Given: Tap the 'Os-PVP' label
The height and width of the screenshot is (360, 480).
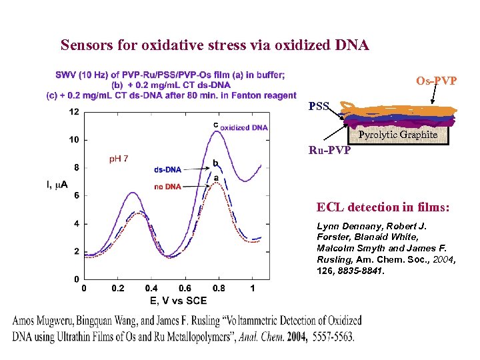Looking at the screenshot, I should pyautogui.click(x=437, y=81).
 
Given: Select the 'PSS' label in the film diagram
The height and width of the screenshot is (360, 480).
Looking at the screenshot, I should pyautogui.click(x=318, y=106).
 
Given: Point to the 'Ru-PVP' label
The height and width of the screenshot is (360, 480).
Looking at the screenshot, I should pyautogui.click(x=329, y=150).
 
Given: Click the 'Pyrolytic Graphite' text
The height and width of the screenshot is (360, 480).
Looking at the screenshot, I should pyautogui.click(x=397, y=135).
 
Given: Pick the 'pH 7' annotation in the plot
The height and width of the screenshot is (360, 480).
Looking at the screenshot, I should pyautogui.click(x=119, y=159).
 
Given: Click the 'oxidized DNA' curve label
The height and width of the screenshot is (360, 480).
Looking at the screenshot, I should pyautogui.click(x=244, y=127).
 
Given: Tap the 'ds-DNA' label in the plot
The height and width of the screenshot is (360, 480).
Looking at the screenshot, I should pyautogui.click(x=167, y=169).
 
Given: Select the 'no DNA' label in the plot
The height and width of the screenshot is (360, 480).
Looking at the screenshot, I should pyautogui.click(x=167, y=187).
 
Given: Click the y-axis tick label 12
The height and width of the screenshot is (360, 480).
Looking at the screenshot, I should pyautogui.click(x=74, y=111).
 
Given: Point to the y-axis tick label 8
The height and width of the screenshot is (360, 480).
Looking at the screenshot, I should pyautogui.click(x=76, y=167).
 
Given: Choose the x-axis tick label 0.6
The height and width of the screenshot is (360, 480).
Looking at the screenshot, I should pyautogui.click(x=185, y=288).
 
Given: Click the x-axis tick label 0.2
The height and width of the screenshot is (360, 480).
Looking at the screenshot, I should pyautogui.click(x=117, y=288).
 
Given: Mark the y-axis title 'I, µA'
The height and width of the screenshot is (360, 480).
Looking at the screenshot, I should pyautogui.click(x=57, y=185).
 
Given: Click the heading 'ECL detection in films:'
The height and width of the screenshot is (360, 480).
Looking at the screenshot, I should pyautogui.click(x=383, y=208).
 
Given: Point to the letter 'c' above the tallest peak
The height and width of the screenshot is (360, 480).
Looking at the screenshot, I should pyautogui.click(x=215, y=124).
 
